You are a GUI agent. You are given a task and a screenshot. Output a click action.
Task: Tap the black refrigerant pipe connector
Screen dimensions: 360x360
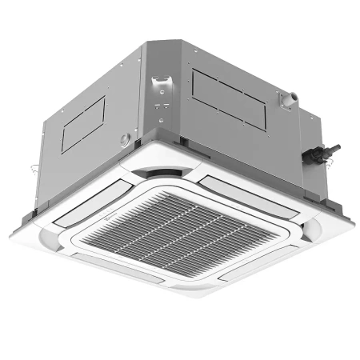point(326,151)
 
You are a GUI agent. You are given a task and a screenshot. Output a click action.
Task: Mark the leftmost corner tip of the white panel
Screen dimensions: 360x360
point(11,233)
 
